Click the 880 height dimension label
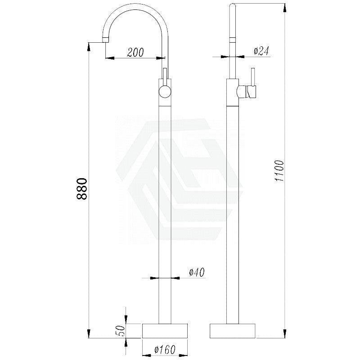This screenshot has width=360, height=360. point(82,189)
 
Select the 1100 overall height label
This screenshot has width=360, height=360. point(279,171)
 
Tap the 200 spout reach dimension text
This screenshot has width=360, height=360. point(135,52)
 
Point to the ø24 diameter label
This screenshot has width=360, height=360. point(261,51)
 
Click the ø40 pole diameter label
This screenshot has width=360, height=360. point(197,273)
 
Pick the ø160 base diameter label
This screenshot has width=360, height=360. point(165,350)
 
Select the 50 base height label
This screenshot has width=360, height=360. point(121,331)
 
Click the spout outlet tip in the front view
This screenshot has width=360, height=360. point(105,40)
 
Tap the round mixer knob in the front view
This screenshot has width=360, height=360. point(165,92)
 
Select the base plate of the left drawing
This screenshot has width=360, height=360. point(165,331)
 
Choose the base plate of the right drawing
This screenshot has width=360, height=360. point(233,331)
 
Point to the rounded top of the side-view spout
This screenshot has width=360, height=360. point(233,4)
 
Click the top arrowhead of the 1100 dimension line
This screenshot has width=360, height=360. point(284,8)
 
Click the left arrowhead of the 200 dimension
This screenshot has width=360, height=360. point(110,58)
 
